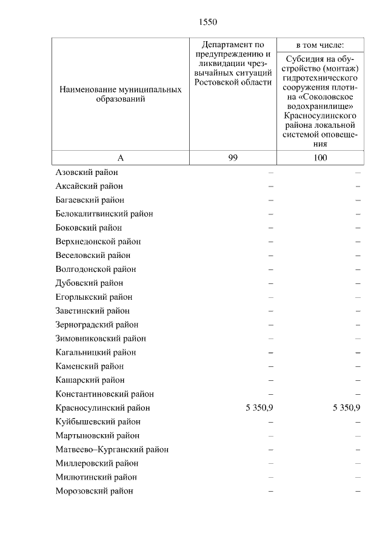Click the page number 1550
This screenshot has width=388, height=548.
[x=207, y=22]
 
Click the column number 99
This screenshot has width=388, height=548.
[x=233, y=157]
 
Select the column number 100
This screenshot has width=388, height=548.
[x=320, y=157]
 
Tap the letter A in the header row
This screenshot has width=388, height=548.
[x=120, y=157]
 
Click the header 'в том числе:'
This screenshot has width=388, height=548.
[x=320, y=45]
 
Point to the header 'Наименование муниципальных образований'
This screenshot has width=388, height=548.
[x=120, y=94]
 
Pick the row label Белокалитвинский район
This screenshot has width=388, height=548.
[x=104, y=214]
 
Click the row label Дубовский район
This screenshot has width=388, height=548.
[x=89, y=283]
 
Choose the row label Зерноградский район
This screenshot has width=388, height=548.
[x=96, y=325]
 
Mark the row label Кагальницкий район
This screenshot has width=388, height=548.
[x=95, y=352]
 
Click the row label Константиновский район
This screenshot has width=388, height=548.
[x=104, y=394]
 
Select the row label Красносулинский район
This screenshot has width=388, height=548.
[x=102, y=408]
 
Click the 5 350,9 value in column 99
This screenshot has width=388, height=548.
[x=259, y=408]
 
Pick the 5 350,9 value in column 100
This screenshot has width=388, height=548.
[x=347, y=408]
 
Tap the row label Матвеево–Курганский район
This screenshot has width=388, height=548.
[x=112, y=449]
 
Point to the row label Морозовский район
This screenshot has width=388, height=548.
[x=94, y=491]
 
